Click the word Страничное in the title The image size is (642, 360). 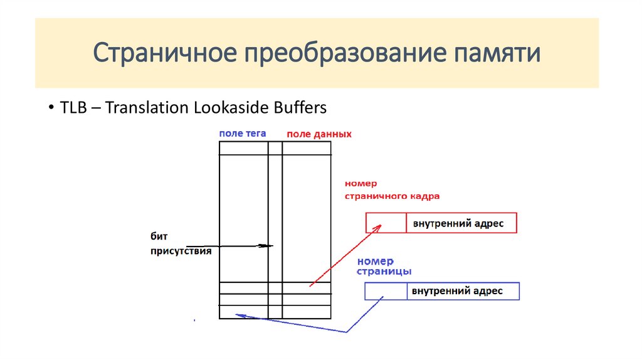pyautogui.click(x=164, y=53)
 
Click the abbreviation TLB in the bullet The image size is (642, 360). pyautogui.click(x=73, y=108)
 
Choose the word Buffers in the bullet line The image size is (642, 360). pyautogui.click(x=300, y=108)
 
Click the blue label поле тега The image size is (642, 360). pyautogui.click(x=243, y=134)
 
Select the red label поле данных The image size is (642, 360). pyautogui.click(x=318, y=134)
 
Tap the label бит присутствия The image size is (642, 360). pyautogui.click(x=181, y=243)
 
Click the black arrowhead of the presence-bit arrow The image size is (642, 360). pyautogui.click(x=268, y=246)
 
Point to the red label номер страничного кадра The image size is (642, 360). pyautogui.click(x=391, y=190)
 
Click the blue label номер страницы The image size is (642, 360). pyautogui.click(x=384, y=267)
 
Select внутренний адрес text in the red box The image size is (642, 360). pyautogui.click(x=458, y=223)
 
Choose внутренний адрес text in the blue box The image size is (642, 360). pyautogui.click(x=457, y=292)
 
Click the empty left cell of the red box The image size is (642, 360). pyautogui.click(x=386, y=223)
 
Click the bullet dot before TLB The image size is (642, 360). pyautogui.click(x=50, y=109)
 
